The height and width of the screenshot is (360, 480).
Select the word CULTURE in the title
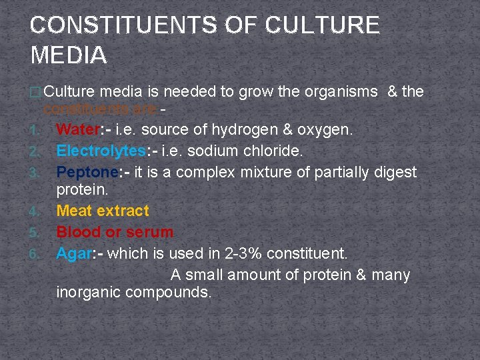323,25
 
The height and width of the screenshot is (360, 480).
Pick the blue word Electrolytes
97,150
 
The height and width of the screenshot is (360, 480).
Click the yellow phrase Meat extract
103,211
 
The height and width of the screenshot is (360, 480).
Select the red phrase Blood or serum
115,232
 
